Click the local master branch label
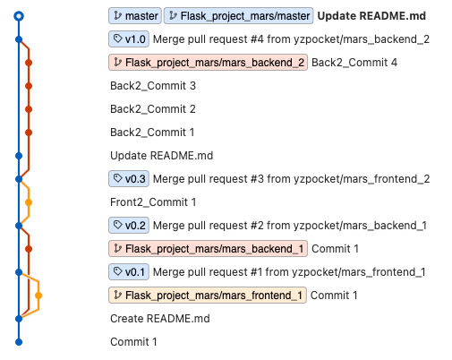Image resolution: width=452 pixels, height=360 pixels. tap(135, 16)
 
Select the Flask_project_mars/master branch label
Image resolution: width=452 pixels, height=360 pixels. tap(238, 16)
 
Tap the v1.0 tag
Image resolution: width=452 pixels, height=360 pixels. tap(129, 39)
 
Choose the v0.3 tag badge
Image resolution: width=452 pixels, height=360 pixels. tap(129, 179)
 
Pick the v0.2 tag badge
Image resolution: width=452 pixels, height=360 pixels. tap(129, 226)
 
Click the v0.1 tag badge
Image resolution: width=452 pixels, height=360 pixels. tap(129, 272)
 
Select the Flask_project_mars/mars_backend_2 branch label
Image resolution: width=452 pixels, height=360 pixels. tap(208, 63)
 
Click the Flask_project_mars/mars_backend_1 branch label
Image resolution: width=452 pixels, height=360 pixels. tap(208, 249)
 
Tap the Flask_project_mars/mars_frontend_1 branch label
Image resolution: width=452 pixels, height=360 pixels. tap(208, 296)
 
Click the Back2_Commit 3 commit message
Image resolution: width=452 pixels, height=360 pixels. tap(153, 86)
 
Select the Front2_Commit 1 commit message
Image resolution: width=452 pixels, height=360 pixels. tap(153, 202)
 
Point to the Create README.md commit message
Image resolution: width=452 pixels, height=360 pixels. tap(160, 319)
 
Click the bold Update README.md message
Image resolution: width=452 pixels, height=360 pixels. tap(371, 16)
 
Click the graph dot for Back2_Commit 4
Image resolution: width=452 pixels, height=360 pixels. tap(29, 63)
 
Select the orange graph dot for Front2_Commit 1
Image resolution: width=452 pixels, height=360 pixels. tap(29, 202)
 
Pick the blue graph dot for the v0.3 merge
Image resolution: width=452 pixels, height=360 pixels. tap(19, 179)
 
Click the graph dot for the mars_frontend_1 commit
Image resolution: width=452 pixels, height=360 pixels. tap(38, 296)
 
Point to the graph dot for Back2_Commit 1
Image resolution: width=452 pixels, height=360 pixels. tap(29, 133)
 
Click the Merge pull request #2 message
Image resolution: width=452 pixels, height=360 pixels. tap(290, 226)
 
